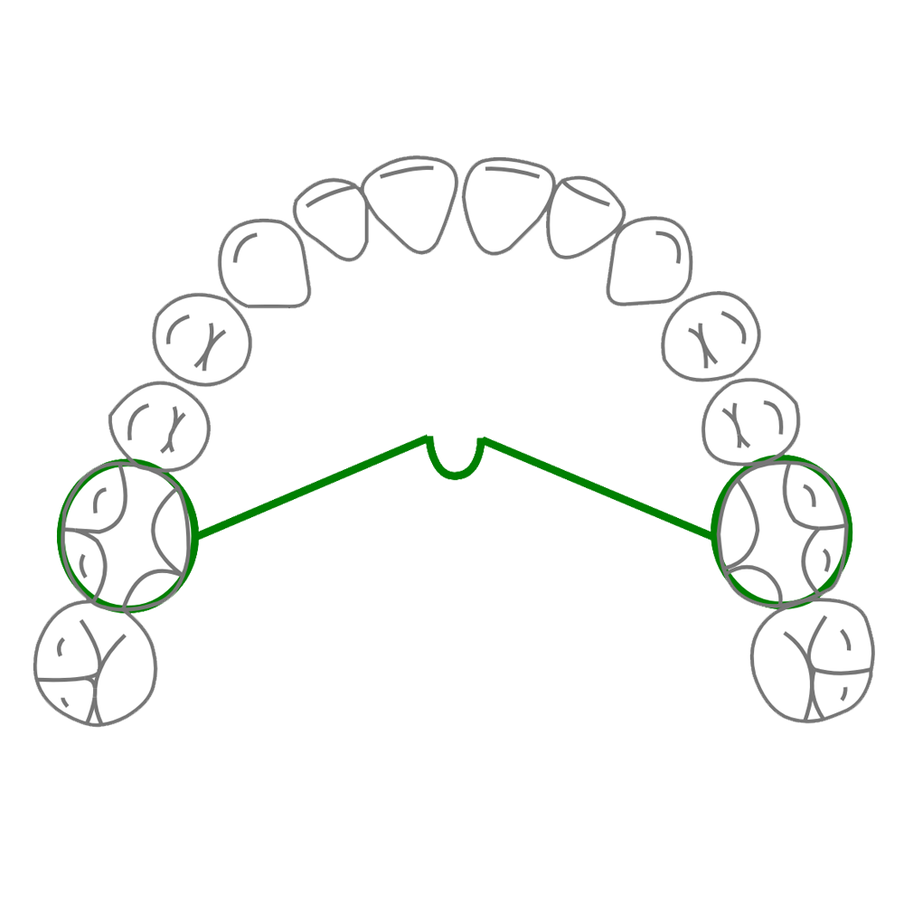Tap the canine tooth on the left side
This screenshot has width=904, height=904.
(265, 261)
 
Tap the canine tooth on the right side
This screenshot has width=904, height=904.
(649, 261)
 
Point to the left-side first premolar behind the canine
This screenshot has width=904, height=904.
(202, 341)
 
